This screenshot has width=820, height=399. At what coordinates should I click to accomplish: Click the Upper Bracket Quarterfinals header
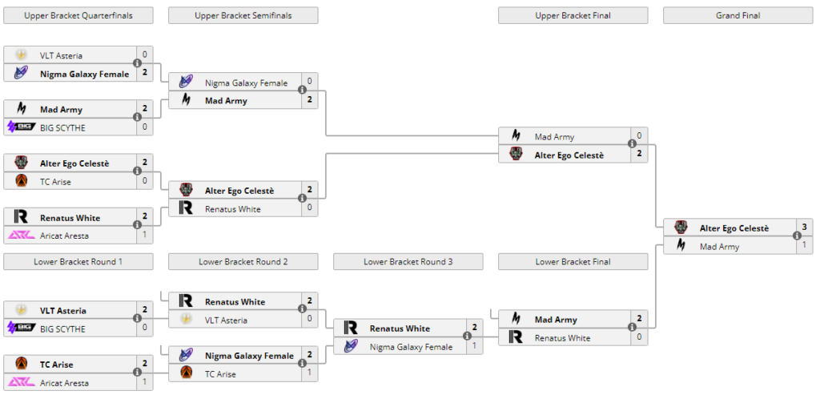coord(78,15)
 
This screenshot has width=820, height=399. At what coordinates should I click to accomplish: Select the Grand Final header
coord(738,15)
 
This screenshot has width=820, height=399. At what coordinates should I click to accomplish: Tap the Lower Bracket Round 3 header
coord(408,261)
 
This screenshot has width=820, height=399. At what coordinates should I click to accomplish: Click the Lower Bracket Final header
coord(573,261)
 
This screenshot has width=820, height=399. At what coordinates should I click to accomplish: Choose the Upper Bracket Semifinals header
coord(243,15)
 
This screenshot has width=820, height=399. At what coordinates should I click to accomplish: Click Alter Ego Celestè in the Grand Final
coord(734,228)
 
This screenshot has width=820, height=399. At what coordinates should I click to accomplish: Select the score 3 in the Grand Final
coord(804,228)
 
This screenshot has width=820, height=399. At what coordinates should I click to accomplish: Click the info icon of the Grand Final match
coord(797,237)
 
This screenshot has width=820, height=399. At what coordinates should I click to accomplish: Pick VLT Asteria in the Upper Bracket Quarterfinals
coord(61,55)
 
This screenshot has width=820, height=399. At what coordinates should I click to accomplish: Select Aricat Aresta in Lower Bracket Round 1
coord(64,383)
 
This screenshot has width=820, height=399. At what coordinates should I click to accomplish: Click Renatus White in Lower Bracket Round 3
coord(400,328)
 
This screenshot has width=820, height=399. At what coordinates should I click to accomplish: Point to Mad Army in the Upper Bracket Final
coord(554,137)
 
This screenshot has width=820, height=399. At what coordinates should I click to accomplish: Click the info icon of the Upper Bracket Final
coord(632,145)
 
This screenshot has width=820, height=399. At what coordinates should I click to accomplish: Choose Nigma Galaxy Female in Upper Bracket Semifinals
coord(246,83)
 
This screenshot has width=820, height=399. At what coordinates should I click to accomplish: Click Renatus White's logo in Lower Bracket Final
coord(517,338)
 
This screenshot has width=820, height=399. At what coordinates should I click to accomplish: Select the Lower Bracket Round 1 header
coord(78,261)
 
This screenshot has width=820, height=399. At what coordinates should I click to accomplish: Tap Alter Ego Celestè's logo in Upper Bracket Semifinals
coord(186,191)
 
